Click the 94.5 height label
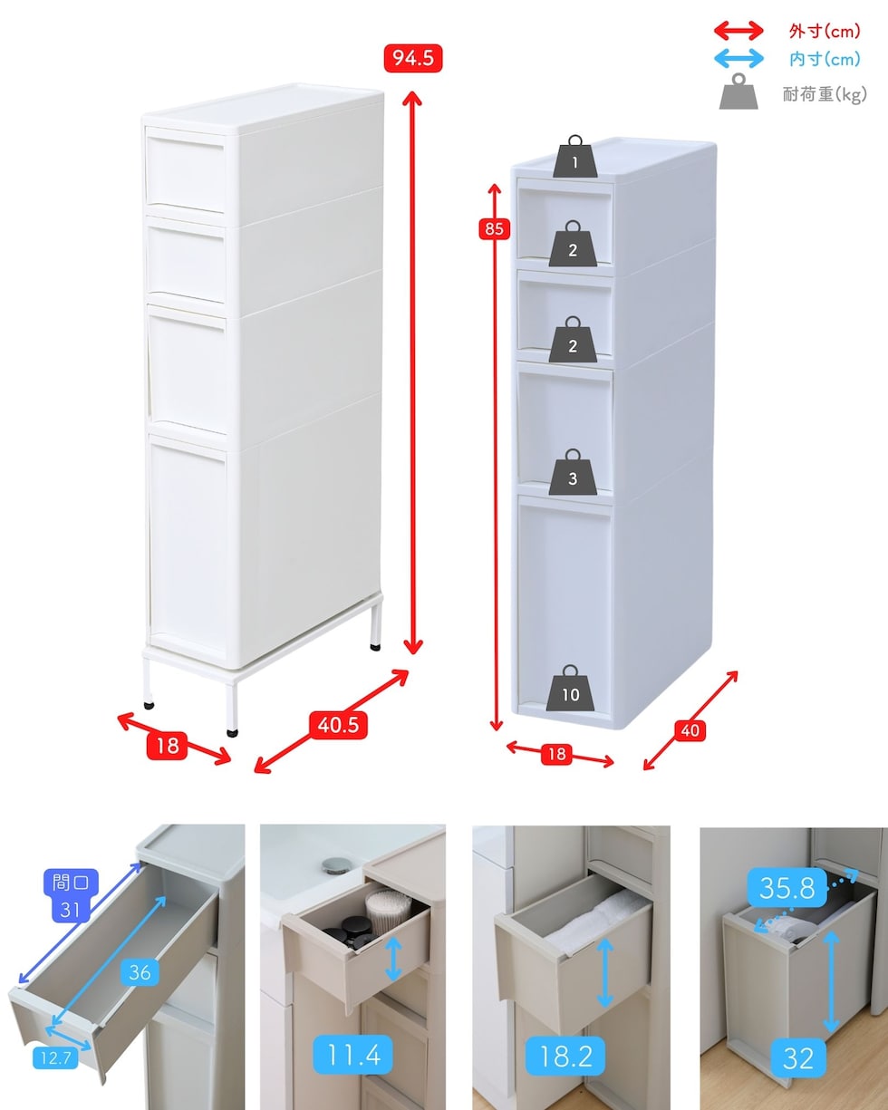pyautogui.click(x=413, y=58)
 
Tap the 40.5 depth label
pyautogui.click(x=338, y=725)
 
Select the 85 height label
pyautogui.click(x=495, y=228)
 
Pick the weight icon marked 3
pyautogui.click(x=573, y=472)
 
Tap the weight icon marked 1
pyautogui.click(x=574, y=157)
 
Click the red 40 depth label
pyautogui.click(x=690, y=729)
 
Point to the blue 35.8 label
pyautogui.click(x=787, y=888)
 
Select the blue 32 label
pyautogui.click(x=797, y=1058)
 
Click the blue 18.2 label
pyautogui.click(x=565, y=1056)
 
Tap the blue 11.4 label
pyautogui.click(x=353, y=1055)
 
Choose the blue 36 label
pyautogui.click(x=140, y=972)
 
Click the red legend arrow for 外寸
pyautogui.click(x=738, y=31)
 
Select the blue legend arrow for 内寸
pyautogui.click(x=738, y=58)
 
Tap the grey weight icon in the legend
pyautogui.click(x=738, y=92)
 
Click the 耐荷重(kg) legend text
pyautogui.click(x=825, y=94)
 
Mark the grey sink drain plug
pyautogui.click(x=333, y=865)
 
